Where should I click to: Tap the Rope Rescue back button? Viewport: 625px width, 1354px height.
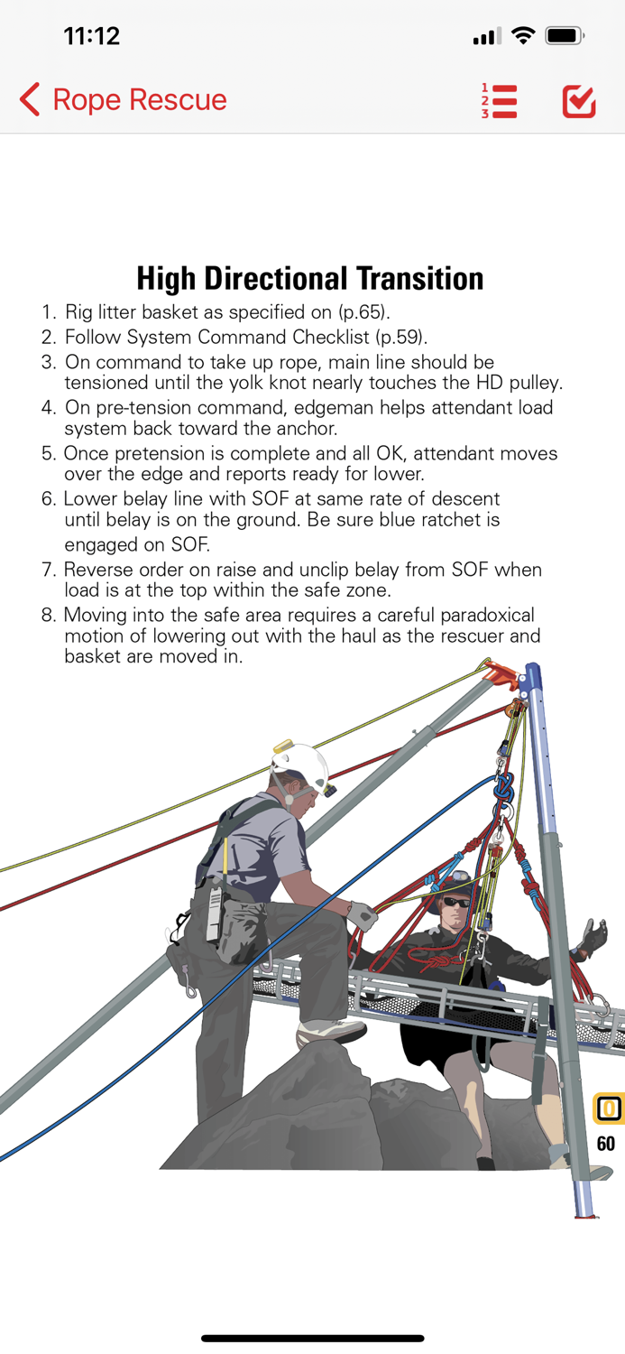click(x=123, y=99)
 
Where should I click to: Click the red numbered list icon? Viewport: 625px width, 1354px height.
click(x=499, y=101)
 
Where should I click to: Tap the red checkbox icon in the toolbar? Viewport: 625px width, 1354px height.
click(x=578, y=101)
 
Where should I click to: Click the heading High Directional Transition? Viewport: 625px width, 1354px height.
click(x=309, y=278)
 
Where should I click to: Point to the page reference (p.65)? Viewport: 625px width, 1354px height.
click(x=363, y=312)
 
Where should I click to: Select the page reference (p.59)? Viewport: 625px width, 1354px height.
click(x=401, y=337)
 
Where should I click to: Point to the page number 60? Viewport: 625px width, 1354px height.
click(x=605, y=1144)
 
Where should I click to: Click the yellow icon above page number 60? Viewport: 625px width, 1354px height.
click(x=609, y=1108)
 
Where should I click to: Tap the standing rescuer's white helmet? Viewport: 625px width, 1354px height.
click(x=300, y=764)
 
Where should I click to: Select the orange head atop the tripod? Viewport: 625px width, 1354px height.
click(x=501, y=672)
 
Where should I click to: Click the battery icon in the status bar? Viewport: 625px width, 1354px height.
click(x=565, y=36)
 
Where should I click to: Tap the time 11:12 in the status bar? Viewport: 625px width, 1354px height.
click(x=91, y=36)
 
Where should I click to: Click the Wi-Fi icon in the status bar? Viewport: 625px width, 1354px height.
click(x=522, y=36)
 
